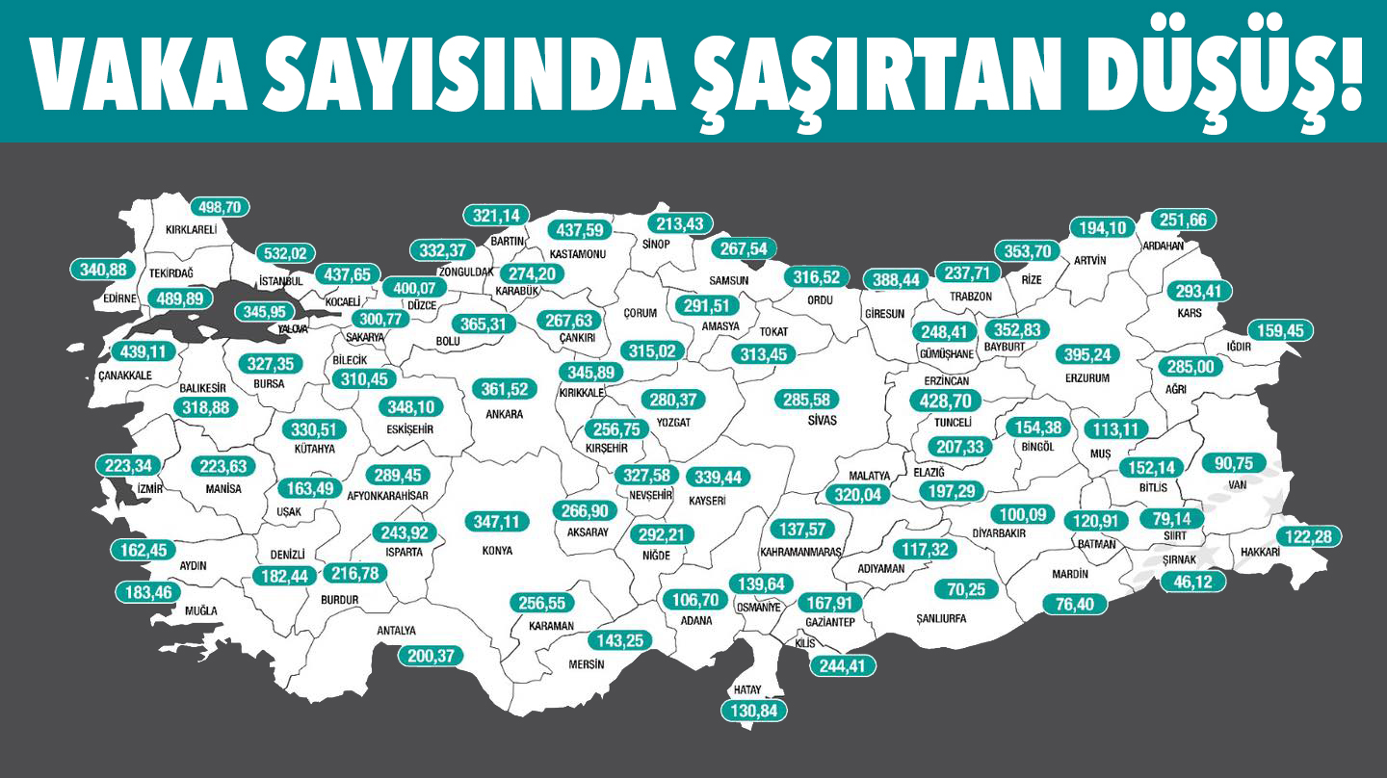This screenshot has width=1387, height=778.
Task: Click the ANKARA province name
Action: [x=505, y=414]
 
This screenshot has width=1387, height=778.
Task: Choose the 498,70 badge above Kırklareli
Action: [x=220, y=207]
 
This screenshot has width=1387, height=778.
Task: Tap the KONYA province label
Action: [x=497, y=551]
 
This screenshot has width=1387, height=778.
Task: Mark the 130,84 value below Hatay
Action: [x=754, y=711]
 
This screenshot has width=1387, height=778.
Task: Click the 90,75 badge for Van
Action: [x=1234, y=463]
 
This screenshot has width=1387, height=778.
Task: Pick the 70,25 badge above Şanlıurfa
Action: [x=966, y=589]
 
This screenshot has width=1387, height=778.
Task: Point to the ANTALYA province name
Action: [x=396, y=631]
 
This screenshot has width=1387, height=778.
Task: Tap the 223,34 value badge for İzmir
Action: [x=127, y=466]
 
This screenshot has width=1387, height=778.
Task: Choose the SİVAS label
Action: [x=823, y=421]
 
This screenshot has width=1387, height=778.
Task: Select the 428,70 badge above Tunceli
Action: [x=945, y=401]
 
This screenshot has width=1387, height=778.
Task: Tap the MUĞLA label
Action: [x=201, y=610]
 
